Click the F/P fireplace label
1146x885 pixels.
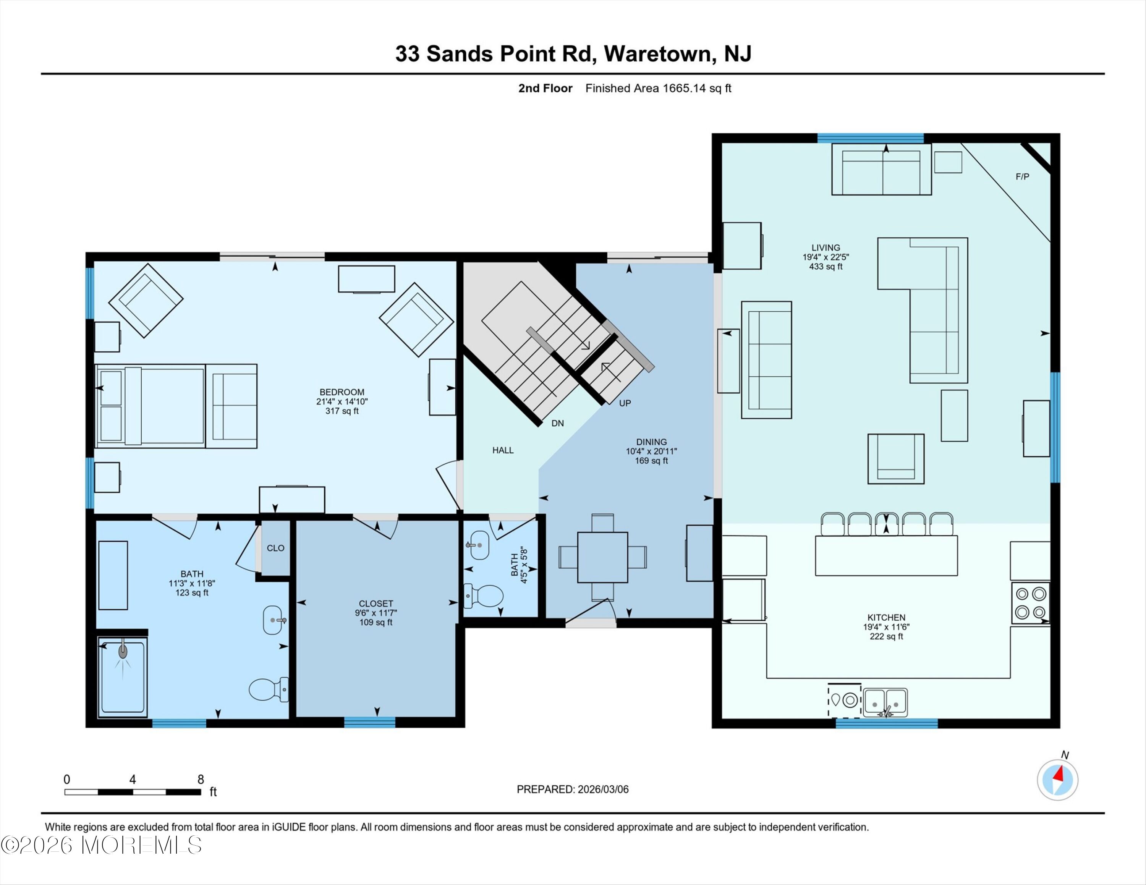[x=1022, y=177]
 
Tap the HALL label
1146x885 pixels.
[x=503, y=450]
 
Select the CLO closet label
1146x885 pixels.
[x=275, y=548]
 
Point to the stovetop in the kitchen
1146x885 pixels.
[x=1031, y=603]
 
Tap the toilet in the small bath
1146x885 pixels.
[x=484, y=596]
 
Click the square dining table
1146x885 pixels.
[x=602, y=557]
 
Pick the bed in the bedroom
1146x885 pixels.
[x=150, y=406]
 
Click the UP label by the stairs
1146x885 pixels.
[x=625, y=403]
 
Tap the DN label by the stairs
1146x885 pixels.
[x=558, y=423]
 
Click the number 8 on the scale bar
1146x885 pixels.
[x=201, y=780]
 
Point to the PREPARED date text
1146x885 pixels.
[x=573, y=789]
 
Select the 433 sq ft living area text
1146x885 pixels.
[x=826, y=267]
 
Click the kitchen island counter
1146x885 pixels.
[x=886, y=555]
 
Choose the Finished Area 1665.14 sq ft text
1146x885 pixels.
[x=658, y=88]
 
